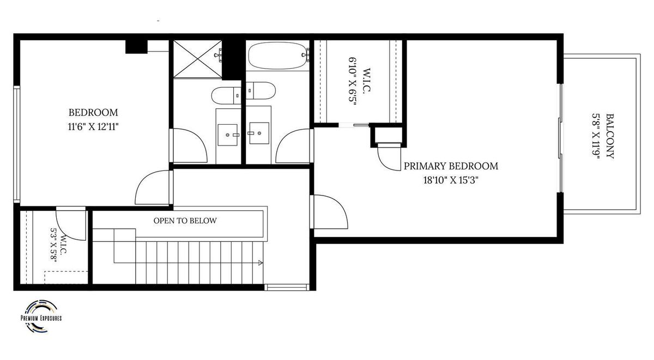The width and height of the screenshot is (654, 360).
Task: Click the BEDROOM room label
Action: (x=93, y=112)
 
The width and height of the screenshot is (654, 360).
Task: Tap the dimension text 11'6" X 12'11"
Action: (x=93, y=127)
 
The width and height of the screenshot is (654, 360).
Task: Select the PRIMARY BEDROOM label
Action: (x=451, y=166)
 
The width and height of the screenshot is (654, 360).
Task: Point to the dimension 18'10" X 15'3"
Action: (x=451, y=180)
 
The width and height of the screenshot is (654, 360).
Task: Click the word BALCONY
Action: (x=610, y=136)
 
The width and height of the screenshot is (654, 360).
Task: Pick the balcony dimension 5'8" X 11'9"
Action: (x=596, y=136)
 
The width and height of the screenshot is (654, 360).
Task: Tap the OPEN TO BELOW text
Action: (x=185, y=221)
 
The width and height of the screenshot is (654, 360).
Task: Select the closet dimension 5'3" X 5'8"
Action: (x=53, y=245)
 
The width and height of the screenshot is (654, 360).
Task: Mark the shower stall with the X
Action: (x=197, y=59)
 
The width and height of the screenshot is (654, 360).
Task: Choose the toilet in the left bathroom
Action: (x=226, y=95)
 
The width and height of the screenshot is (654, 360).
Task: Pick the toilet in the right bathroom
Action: (x=261, y=90)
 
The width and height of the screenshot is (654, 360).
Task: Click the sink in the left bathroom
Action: (x=228, y=135)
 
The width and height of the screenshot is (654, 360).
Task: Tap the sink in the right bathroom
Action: (x=259, y=133)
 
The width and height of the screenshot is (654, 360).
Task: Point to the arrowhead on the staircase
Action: (x=261, y=263)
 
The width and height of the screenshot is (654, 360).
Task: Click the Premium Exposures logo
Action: (x=41, y=316)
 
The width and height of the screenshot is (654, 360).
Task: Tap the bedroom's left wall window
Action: (x=17, y=144)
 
